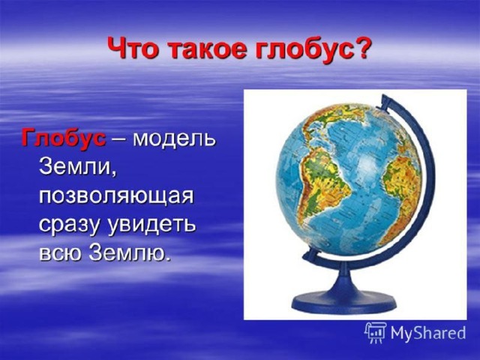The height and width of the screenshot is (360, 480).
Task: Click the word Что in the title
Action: (x=135, y=49)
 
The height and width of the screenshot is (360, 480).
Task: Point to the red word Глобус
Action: (x=63, y=139)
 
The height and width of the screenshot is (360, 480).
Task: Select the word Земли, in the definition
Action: (x=77, y=168)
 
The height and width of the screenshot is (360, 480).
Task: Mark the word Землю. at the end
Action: (x=128, y=253)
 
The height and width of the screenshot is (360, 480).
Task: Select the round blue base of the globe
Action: (x=343, y=298)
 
